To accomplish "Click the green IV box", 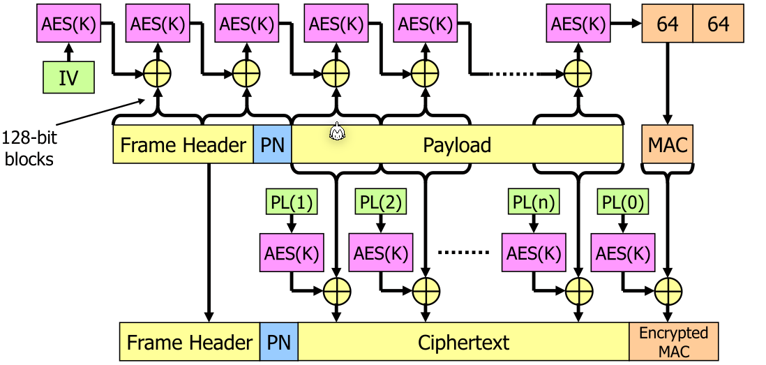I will coord(68,77).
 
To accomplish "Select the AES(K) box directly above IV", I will coord(68,24).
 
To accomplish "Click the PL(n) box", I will coord(533,202).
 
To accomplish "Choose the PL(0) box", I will coord(622,202).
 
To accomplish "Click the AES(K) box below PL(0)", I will coord(622,251).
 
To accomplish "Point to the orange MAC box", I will coord(668,145).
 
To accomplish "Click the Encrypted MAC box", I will coord(673,341).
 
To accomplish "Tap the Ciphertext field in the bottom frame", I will coord(463,342).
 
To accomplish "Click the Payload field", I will coord(457,145).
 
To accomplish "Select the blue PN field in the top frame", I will coord(272,145).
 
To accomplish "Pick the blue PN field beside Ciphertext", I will coord(278,342).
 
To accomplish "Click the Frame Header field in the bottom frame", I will coord(189,342).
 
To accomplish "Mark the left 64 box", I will coord(667,24).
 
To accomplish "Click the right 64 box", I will coord(718,24).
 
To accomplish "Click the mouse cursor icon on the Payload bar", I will coord(338,131).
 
